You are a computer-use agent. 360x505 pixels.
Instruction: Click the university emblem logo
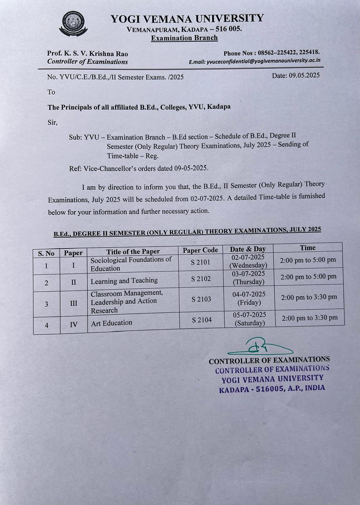(x=73, y=24)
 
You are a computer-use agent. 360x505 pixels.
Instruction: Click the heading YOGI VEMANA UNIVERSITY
(x=187, y=19)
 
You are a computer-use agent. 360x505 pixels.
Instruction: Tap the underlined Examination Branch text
(x=184, y=38)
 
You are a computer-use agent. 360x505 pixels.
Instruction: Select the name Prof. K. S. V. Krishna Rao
(x=87, y=54)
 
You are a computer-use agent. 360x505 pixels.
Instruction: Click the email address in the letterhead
(x=254, y=61)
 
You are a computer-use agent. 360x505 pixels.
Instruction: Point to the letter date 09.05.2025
(x=296, y=75)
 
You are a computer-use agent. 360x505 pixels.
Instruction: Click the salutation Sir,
(x=52, y=122)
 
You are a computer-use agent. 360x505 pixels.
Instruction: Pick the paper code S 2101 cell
(x=201, y=262)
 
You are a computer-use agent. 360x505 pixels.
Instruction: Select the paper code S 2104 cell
(x=202, y=320)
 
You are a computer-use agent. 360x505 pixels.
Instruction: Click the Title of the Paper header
(x=133, y=251)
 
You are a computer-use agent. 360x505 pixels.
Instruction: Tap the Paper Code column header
(x=200, y=250)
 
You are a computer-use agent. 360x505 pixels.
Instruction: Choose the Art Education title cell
(x=112, y=323)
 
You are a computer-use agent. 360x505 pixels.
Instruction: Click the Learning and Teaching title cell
(x=124, y=281)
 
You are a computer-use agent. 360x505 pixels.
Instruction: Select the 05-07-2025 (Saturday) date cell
(x=250, y=319)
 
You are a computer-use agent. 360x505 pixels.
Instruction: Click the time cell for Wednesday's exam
(x=308, y=260)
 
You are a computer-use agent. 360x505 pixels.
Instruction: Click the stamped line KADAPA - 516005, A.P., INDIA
(x=272, y=388)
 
